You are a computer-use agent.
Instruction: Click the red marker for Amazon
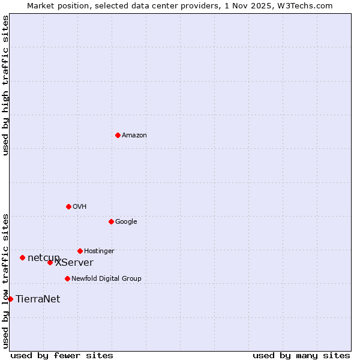pos(118,135)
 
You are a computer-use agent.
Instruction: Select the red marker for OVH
pos(68,206)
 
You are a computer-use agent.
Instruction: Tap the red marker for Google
pos(111,221)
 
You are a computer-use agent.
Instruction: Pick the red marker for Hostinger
pos(80,251)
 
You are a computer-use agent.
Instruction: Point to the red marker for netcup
pos(22,257)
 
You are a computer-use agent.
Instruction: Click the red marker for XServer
pos(50,262)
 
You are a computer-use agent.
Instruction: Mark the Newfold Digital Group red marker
pos(67,278)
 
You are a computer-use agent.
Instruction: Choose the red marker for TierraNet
pos(10,299)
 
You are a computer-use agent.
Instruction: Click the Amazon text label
pos(134,136)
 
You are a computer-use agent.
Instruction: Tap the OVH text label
pos(80,207)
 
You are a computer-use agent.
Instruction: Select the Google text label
pos(126,222)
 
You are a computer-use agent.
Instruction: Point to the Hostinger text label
pos(99,251)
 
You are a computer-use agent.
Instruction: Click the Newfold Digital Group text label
pos(106,279)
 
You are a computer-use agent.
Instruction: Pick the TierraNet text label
pos(38,299)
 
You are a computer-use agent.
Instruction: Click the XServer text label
pos(74,263)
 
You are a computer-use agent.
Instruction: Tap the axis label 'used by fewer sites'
pos(62,355)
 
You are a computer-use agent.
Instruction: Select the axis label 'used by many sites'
pos(301,355)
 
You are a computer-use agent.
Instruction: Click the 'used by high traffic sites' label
pos(5,85)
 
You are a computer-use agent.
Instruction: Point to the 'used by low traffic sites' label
pos(5,280)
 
